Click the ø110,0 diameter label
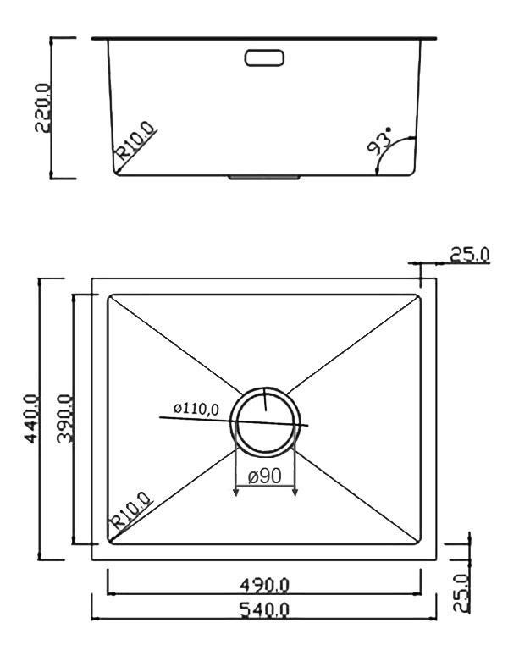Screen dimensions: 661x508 pyautogui.click(x=196, y=409)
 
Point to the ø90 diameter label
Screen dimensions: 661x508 pyautogui.click(x=264, y=476)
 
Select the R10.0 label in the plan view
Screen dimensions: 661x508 pyautogui.click(x=130, y=511)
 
